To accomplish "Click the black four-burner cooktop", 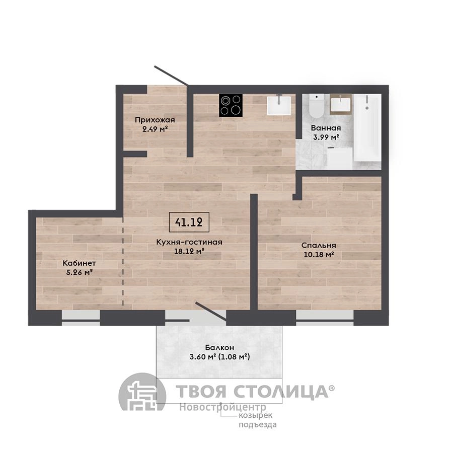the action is tap(231, 106).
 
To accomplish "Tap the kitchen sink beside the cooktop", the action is tap(279, 106).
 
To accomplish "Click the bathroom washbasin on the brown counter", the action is tap(341, 104).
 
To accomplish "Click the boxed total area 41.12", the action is tap(189, 222).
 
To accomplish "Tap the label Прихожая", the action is tap(155, 120).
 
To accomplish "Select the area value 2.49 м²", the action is tap(155, 129).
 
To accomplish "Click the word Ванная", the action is tap(326, 128).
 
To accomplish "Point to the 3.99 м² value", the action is tap(326, 137).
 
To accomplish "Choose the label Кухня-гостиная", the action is tap(189, 242).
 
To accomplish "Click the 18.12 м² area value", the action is tap(189, 251).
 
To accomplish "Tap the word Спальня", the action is tap(319, 246).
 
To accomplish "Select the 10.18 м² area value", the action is tap(319, 255).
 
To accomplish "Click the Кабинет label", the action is tap(79, 263).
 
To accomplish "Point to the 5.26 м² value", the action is tap(80, 272).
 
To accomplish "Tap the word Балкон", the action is tap(219, 347).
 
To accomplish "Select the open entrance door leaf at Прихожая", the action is tap(172, 75).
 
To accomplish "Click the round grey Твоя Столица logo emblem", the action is tap(142, 392).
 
